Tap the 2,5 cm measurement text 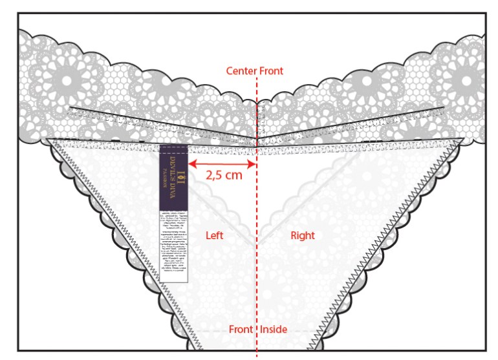coord(224,175)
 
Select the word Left coord(214,236)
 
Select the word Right coord(302,236)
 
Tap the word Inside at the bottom coord(274,330)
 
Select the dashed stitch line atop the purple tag coord(173,148)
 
